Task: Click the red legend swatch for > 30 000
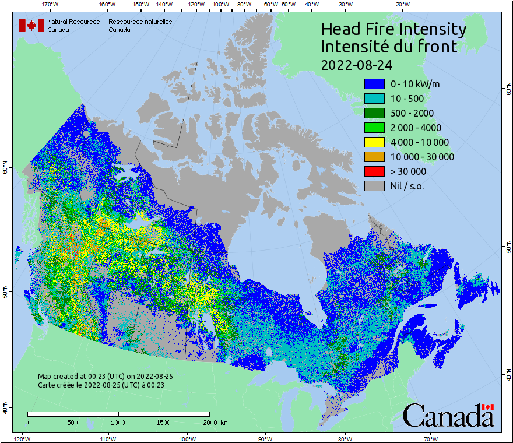374,171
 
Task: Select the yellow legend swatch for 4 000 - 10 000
374,142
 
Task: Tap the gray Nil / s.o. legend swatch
374,186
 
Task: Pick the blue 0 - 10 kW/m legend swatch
374,84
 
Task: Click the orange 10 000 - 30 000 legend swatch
374,157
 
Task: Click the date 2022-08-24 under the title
356,65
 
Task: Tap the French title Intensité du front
389,47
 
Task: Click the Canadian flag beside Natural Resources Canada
31,26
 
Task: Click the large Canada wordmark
448,416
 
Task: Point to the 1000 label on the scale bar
118,422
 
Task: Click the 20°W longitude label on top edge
402,5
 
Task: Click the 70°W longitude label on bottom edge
431,438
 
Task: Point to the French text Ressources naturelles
140,22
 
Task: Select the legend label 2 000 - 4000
416,128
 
